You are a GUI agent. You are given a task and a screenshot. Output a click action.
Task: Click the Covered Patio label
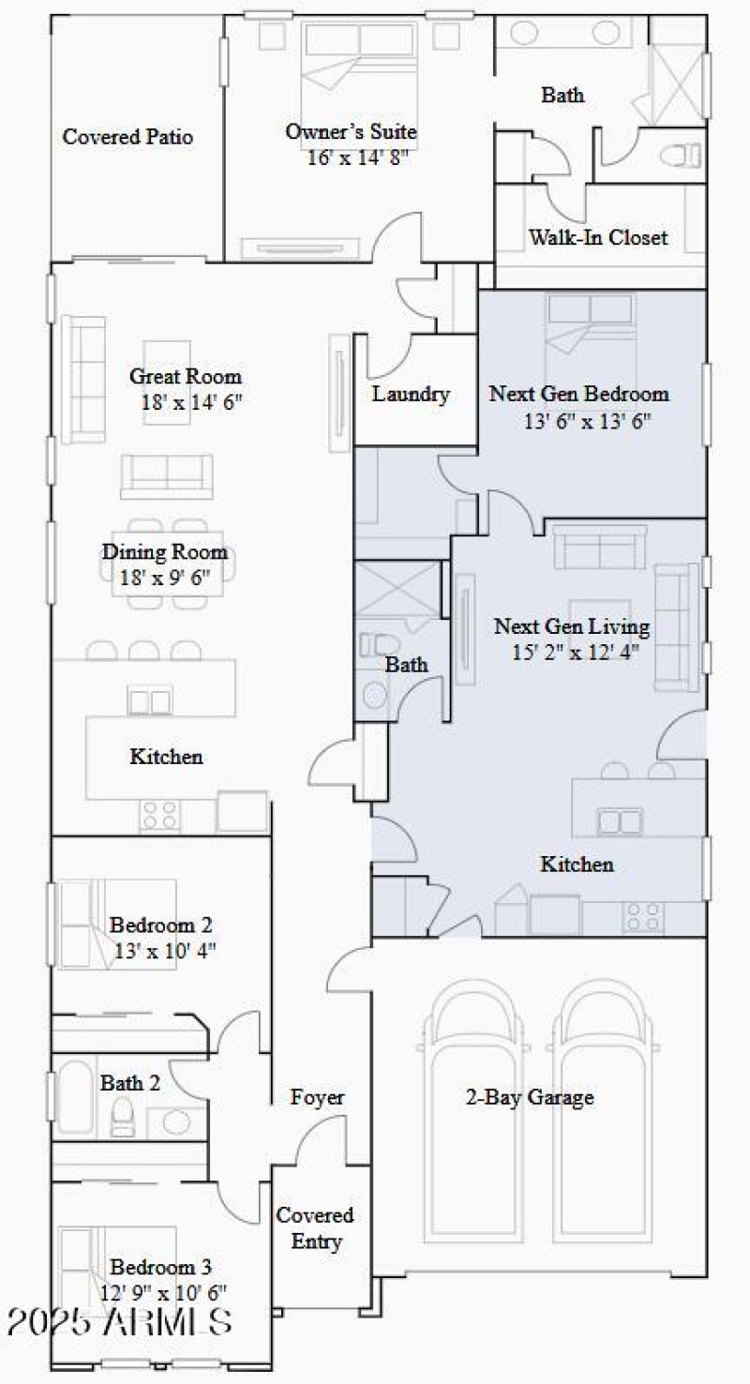[x=127, y=137]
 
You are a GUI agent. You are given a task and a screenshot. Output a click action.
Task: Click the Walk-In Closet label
[x=598, y=237]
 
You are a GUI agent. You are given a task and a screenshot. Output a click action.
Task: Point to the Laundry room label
[x=411, y=394]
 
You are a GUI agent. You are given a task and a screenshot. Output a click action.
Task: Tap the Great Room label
[x=185, y=377]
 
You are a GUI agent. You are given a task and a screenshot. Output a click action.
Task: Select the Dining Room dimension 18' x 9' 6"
[x=165, y=578]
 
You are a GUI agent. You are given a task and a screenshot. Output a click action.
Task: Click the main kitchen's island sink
[x=149, y=702]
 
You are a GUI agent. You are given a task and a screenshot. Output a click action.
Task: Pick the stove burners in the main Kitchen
[x=159, y=814]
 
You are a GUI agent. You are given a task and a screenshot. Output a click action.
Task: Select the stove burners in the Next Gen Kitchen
[x=643, y=915]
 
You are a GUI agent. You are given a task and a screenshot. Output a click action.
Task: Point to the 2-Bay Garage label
[x=530, y=1097]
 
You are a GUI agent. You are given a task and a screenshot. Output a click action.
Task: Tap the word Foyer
[x=317, y=1097]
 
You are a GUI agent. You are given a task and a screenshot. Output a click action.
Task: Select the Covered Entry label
[x=315, y=1228]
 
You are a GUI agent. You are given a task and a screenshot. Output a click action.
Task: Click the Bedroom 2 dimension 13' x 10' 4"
[x=165, y=949]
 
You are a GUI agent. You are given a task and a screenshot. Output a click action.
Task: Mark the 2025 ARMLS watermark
[x=119, y=1323]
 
